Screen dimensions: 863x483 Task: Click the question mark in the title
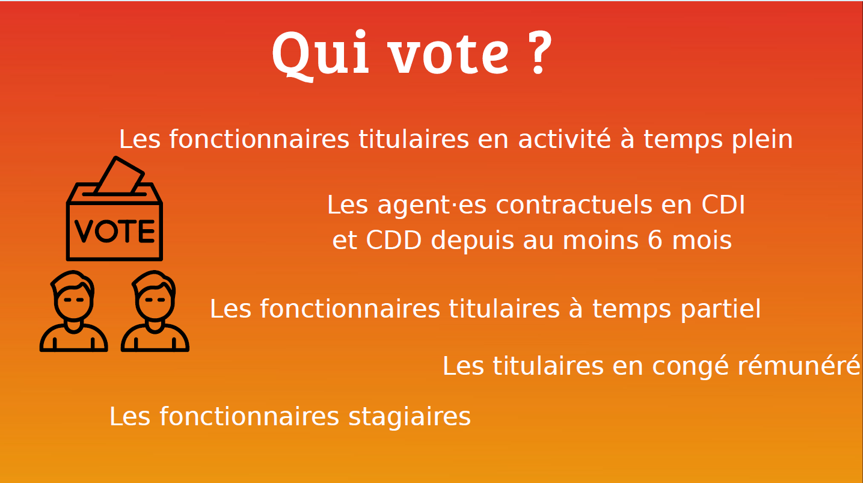(538, 52)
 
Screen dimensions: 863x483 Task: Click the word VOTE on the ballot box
(114, 231)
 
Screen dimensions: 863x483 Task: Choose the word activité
(565, 139)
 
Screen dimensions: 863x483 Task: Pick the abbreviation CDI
(723, 205)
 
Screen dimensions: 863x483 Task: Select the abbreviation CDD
(393, 240)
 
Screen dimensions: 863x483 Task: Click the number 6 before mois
(654, 240)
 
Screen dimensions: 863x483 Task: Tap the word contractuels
(574, 205)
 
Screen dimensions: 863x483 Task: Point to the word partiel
(720, 310)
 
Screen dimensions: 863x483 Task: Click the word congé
(690, 366)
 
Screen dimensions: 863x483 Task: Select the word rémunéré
(799, 366)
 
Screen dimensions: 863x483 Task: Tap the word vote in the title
(449, 54)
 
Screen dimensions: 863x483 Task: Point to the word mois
(702, 240)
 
